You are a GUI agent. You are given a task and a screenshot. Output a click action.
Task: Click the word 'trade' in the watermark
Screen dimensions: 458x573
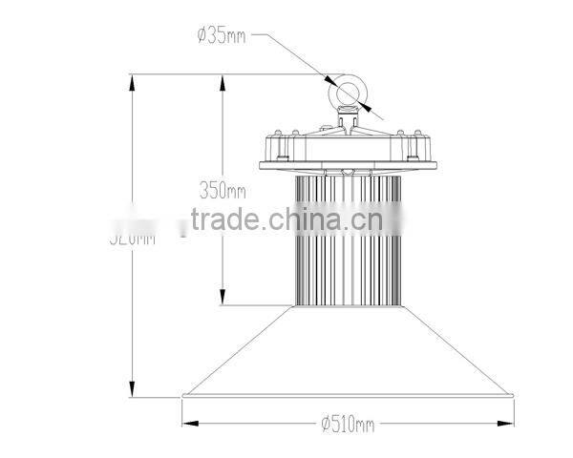coord(223,221)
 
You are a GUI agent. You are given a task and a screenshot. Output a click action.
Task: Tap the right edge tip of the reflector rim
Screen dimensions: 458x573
coord(516,394)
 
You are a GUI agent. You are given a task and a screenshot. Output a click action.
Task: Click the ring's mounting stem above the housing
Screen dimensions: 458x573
coord(346,120)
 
